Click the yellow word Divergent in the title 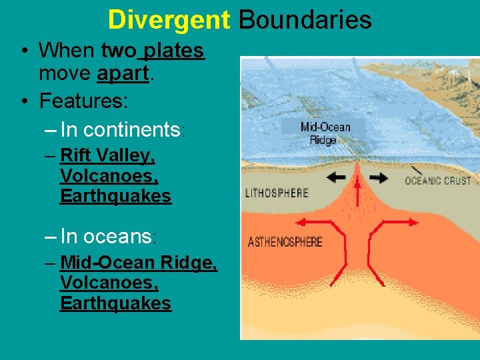(x=168, y=19)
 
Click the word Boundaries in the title (x=305, y=19)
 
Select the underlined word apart (x=122, y=74)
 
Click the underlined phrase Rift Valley (x=107, y=155)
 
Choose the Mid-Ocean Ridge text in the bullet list (x=139, y=263)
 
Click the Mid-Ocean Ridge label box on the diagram (x=323, y=133)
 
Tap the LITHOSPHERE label (x=277, y=193)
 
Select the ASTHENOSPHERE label (x=285, y=241)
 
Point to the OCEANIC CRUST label (x=438, y=180)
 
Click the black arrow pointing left (x=336, y=178)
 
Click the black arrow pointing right (x=378, y=178)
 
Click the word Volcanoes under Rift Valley (x=109, y=176)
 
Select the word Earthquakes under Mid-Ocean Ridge (x=115, y=303)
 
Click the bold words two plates (x=153, y=50)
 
